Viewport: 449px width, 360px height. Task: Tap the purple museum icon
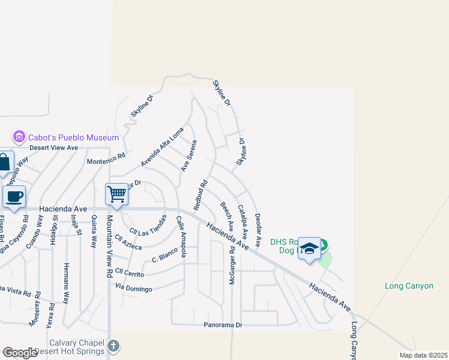pos(19,137)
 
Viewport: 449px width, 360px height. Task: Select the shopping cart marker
pos(116,194)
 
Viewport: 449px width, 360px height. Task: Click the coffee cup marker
pos(13,196)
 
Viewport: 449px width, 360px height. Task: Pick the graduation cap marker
pos(309,248)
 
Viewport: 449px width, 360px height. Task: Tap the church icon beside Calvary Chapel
pos(114,346)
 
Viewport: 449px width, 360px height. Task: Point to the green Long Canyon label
pos(409,286)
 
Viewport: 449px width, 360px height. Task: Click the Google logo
pos(20,353)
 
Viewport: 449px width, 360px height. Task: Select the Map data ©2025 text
pos(423,355)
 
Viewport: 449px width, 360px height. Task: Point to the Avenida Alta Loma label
pos(162,150)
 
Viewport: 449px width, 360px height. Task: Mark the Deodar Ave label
pos(258,230)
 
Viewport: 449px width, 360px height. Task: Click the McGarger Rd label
pos(232,265)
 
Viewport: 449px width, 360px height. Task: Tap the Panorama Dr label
pos(222,325)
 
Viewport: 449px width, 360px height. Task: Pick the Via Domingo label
pos(134,289)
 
